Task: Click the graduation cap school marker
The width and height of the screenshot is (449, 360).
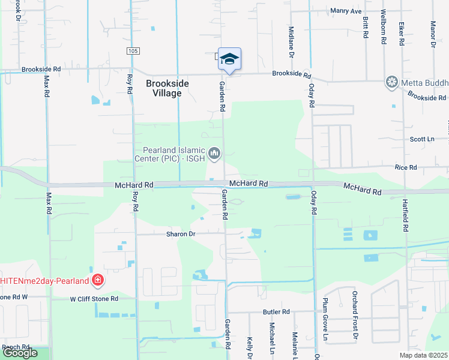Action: click(229, 59)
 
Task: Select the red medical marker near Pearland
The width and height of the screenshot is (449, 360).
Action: click(97, 280)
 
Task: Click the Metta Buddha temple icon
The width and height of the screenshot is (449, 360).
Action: click(392, 82)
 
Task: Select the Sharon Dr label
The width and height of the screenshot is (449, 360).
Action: click(181, 234)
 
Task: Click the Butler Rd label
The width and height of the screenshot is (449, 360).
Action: click(276, 312)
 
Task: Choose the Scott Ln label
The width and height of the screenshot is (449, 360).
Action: click(421, 139)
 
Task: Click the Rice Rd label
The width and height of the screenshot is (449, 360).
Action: click(405, 168)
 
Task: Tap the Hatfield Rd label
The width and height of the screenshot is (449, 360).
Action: click(406, 216)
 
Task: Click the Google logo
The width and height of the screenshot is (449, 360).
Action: click(20, 353)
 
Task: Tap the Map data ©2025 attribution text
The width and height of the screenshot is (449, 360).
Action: click(424, 355)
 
